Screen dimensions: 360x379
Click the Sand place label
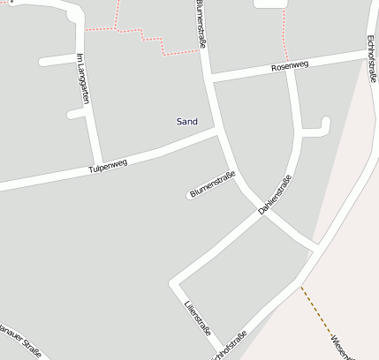coord(186,121)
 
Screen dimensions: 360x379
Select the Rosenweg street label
coord(290,66)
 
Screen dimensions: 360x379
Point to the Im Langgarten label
coord(83,78)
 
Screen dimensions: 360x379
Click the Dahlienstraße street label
coord(275,196)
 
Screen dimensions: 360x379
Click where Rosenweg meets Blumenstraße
coord(209,78)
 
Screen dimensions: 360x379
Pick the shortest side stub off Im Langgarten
coord(75,114)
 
